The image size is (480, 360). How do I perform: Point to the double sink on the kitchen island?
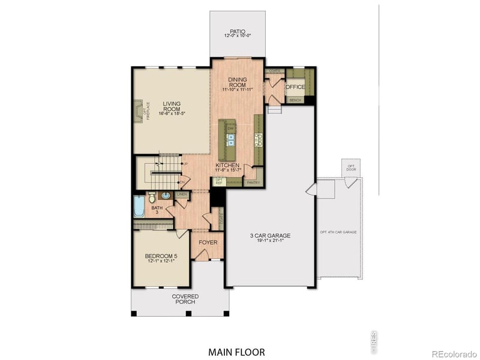tap(230, 140)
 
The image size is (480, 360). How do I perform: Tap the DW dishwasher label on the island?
tap(230, 128)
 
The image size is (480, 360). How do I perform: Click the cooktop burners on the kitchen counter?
tap(259, 139)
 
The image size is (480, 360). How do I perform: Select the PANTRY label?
tap(253, 182)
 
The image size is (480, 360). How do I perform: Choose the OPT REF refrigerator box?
tap(219, 181)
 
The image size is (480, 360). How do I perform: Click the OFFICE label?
tap(295, 87)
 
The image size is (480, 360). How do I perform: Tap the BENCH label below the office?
tap(295, 100)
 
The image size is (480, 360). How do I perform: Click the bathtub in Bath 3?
tap(139, 208)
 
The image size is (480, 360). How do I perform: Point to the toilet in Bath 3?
tap(151, 196)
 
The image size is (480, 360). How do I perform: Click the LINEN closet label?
tap(182, 194)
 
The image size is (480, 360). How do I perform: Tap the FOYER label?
tap(208, 242)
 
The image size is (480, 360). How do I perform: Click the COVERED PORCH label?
tap(185, 299)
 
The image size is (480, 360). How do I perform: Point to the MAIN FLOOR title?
tap(236, 352)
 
